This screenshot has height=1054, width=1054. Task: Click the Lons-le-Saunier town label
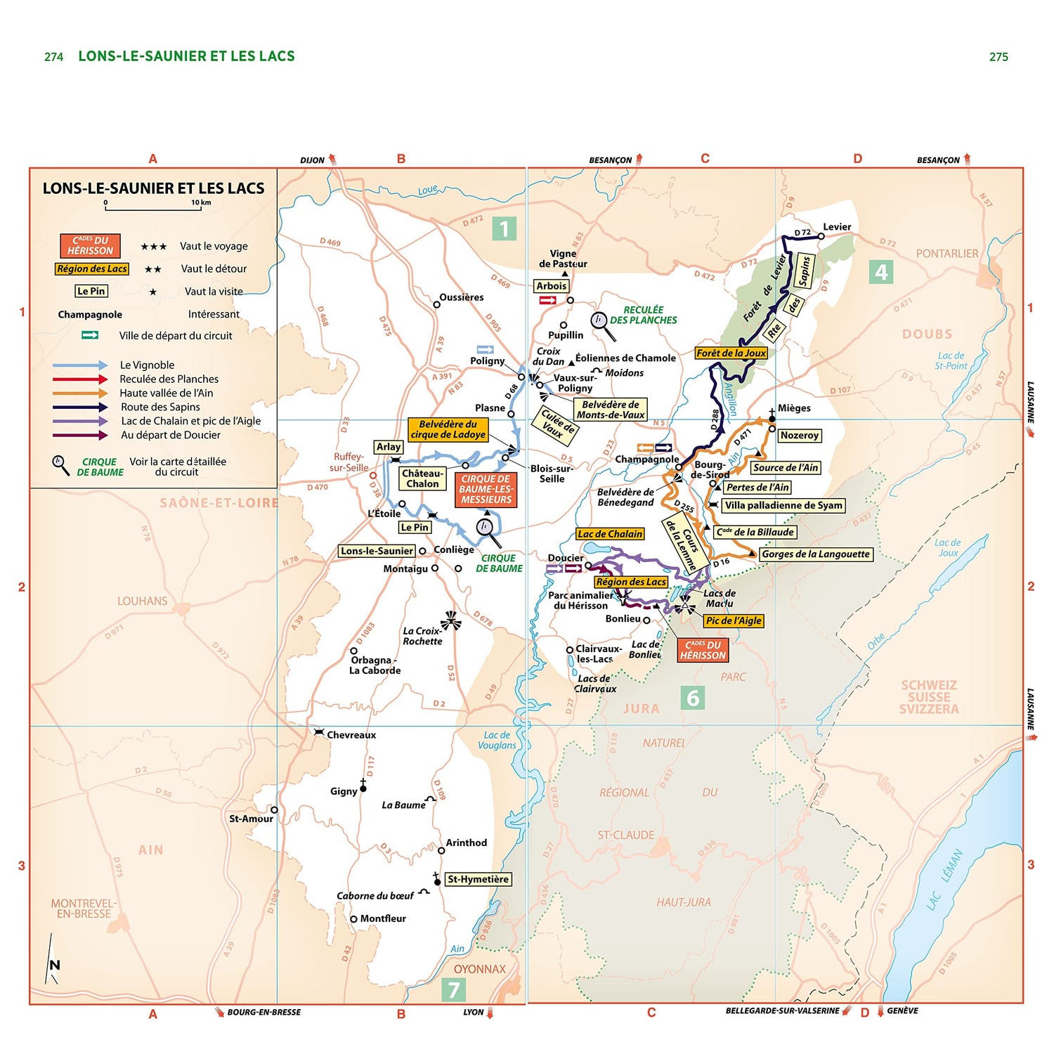coord(377,551)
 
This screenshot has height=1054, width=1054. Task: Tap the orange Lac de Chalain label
coord(610,534)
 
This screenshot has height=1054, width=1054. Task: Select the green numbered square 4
coord(881,272)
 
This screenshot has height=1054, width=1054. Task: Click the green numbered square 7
coord(453,989)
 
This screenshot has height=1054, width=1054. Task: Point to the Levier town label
coord(837,227)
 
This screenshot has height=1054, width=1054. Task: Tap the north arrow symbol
coord(53,960)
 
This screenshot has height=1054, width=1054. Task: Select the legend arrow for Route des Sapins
coord(80,407)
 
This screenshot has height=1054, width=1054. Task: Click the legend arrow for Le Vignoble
coord(80,365)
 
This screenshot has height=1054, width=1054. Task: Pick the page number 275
coord(998,57)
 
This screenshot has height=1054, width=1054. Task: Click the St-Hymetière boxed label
coord(478,879)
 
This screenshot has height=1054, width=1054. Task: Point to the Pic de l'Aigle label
coord(734,620)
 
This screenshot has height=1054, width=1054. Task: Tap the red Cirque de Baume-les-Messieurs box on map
coord(486,489)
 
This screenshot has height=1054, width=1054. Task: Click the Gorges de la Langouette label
coord(816,554)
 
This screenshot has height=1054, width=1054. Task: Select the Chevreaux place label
coord(351,735)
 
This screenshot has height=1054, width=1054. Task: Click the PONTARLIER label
coord(946,254)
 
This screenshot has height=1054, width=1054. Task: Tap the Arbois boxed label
coord(551,286)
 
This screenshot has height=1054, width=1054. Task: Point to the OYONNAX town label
coord(479,969)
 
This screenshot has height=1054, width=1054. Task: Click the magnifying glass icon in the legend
coord(60,464)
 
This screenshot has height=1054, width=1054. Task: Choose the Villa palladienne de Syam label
coord(783,505)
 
